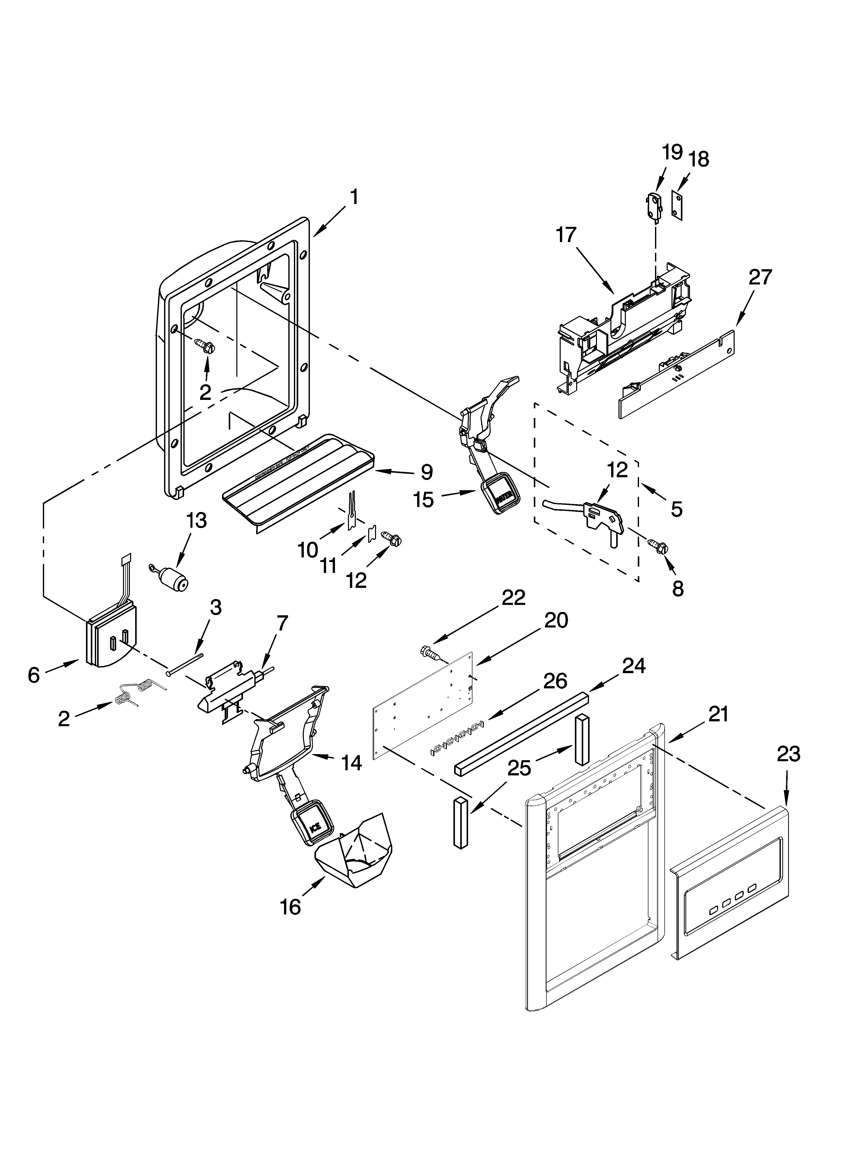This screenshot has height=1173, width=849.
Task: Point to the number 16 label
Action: [291, 907]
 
